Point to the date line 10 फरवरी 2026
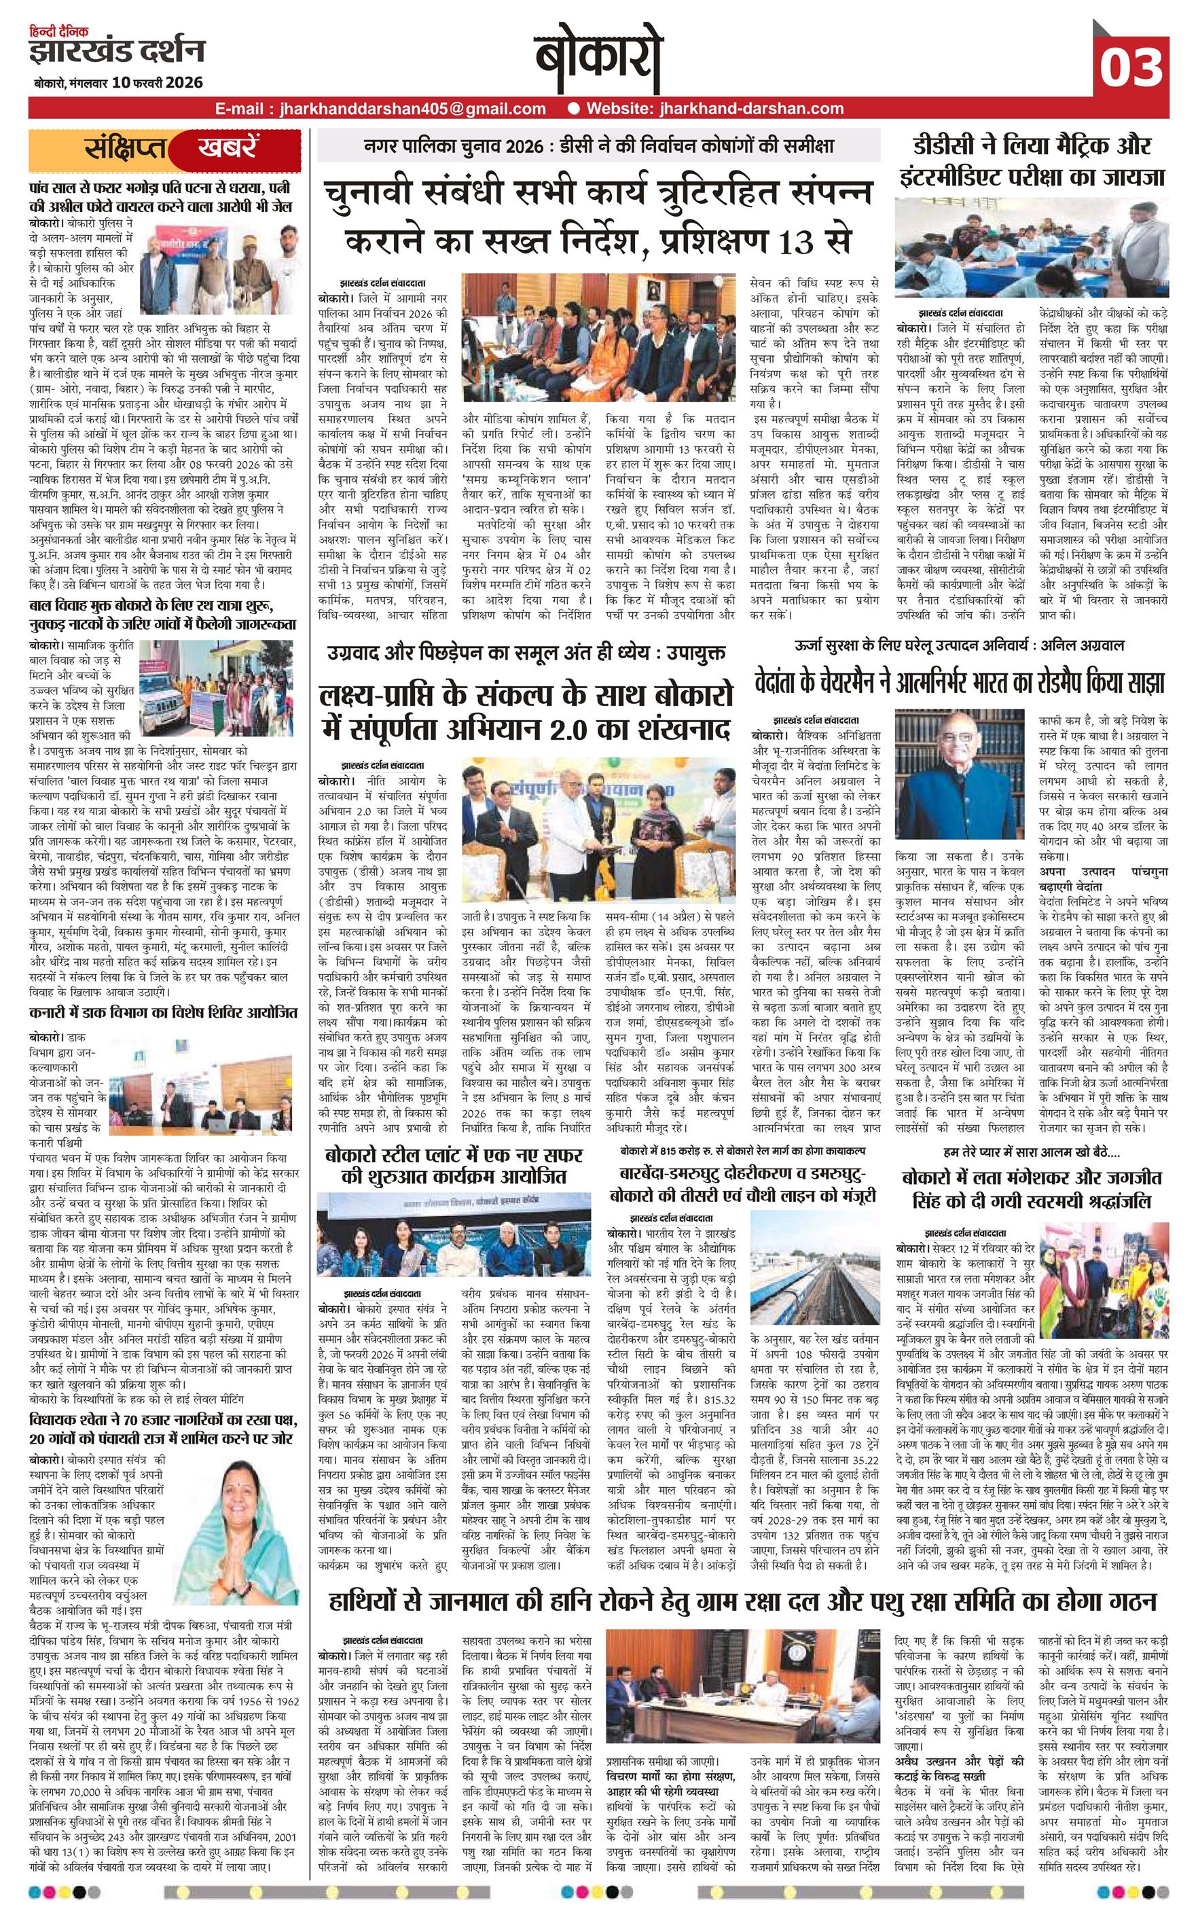158,82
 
